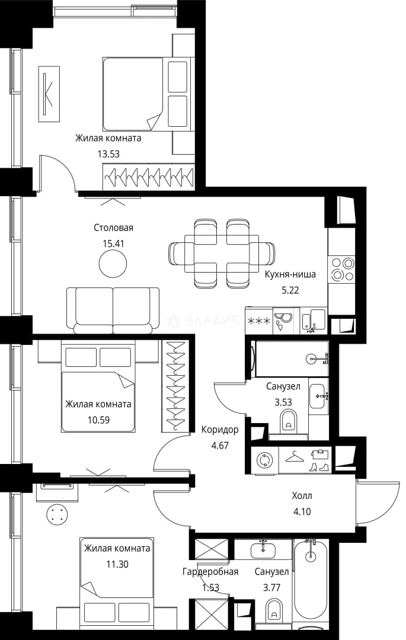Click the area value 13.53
[108, 154]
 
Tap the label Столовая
[113, 228]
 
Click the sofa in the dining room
[113, 310]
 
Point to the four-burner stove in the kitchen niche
[343, 269]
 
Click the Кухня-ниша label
[290, 274]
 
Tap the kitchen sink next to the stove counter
[314, 321]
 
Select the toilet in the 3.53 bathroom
[289, 421]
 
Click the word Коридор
[220, 430]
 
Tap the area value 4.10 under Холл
[302, 511]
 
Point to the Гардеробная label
[210, 572]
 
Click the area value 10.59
[99, 420]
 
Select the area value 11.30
[117, 564]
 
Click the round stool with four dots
[56, 513]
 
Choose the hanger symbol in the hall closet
[295, 457]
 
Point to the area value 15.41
[113, 244]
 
